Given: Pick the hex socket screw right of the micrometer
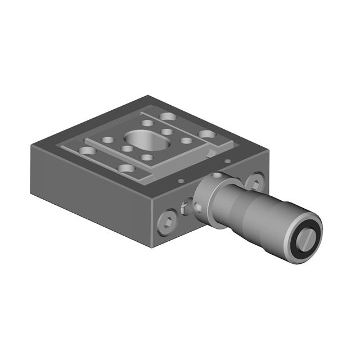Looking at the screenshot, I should [254, 182].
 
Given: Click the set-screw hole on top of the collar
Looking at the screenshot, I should [217, 175].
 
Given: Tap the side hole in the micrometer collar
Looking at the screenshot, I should [197, 205].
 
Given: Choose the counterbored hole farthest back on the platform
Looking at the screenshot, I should [167, 117].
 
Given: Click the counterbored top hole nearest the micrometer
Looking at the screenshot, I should [207, 135].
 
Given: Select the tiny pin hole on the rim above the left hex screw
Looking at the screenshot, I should [181, 181].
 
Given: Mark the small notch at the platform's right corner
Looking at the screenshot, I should [211, 153].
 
